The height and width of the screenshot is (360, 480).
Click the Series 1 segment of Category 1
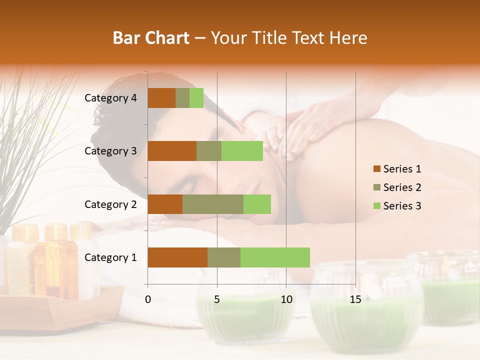177,257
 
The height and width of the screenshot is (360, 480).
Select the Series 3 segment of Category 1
275,257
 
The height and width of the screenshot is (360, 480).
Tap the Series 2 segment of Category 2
213,204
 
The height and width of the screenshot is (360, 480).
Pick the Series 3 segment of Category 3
242,151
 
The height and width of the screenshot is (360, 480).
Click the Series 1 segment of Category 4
161,98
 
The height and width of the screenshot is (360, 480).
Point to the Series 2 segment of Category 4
182,98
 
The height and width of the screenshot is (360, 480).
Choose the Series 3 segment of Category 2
257,204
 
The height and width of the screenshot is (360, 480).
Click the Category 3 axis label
110,151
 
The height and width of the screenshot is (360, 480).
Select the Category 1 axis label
110,257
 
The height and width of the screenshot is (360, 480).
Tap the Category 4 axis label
110,98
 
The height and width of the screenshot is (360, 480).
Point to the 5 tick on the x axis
217,299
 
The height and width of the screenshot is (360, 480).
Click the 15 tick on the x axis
355,299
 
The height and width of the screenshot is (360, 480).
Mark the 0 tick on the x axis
148,299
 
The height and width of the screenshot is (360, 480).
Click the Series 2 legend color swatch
376,187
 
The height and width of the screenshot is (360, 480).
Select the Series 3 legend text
402,206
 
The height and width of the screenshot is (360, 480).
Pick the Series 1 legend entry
397,169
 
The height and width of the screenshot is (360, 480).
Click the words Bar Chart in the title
151,38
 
